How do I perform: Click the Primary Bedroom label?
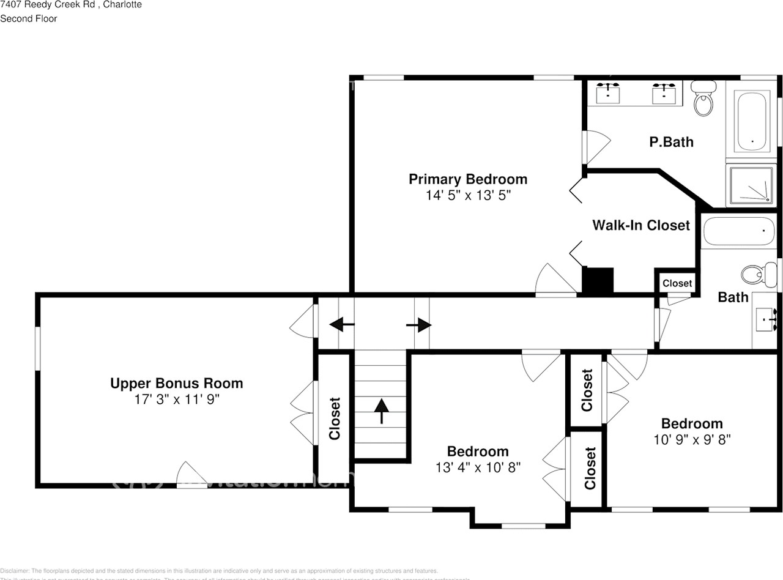tap(467, 179)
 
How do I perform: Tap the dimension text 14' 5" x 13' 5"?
tap(467, 196)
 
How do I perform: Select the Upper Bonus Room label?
tap(176, 384)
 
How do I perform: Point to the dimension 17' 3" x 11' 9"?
tap(176, 400)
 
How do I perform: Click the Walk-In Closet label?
tap(640, 225)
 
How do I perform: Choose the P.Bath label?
tap(671, 142)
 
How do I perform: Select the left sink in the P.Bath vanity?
tap(607, 94)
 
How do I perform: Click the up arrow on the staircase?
tap(382, 411)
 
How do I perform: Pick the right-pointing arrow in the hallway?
tap(420, 325)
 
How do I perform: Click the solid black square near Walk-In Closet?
tap(597, 281)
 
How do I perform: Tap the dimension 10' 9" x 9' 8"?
tap(692, 439)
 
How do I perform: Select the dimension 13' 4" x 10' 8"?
tap(478, 467)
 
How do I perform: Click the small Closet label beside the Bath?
tap(677, 283)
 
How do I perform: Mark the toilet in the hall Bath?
tap(754, 275)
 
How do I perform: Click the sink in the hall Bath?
tap(765, 319)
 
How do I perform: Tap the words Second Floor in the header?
tap(29, 18)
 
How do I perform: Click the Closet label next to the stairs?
tap(334, 418)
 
